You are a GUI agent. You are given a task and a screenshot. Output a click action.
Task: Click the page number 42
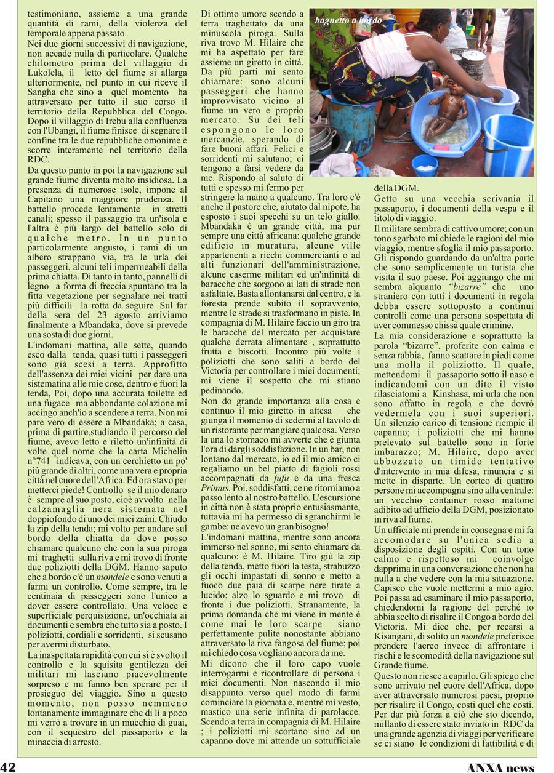[8, 767]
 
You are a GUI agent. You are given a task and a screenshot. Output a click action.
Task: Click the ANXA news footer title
[500, 767]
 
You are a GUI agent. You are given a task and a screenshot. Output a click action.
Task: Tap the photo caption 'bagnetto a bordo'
[348, 20]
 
